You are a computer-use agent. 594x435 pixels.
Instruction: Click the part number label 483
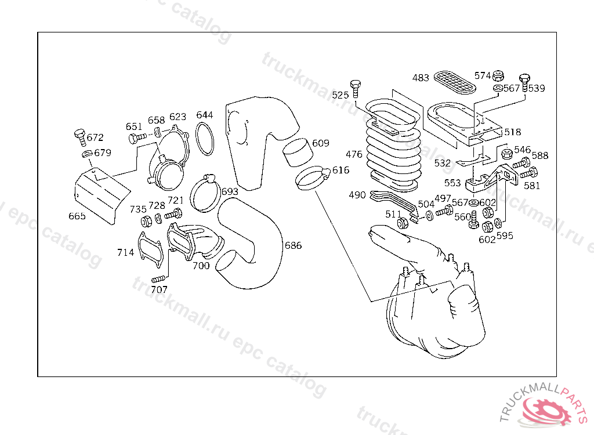click(x=421, y=78)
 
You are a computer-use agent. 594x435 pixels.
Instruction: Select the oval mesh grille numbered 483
click(x=455, y=82)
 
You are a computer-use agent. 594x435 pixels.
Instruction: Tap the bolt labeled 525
click(x=356, y=89)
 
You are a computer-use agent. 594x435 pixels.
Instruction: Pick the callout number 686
click(x=293, y=245)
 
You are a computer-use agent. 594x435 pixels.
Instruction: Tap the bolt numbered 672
click(x=80, y=137)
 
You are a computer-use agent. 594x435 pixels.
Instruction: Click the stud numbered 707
click(x=158, y=280)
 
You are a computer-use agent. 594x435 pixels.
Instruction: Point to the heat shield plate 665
click(x=101, y=195)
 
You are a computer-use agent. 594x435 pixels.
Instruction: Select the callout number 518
click(x=513, y=132)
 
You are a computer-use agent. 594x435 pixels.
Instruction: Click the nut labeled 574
click(x=498, y=75)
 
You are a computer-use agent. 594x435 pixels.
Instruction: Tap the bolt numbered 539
click(x=524, y=82)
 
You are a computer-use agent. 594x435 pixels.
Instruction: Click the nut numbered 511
click(x=403, y=223)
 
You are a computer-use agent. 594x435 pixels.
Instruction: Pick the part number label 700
click(x=201, y=266)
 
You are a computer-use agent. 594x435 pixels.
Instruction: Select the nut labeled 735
click(x=146, y=222)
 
